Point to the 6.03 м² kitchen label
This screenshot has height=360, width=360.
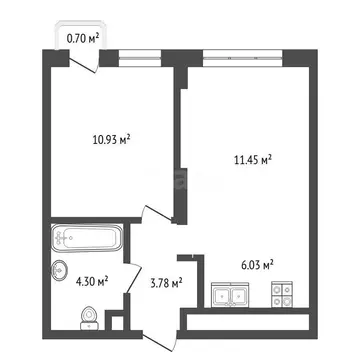click(x=257, y=264)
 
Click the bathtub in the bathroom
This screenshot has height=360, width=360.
click(x=85, y=240)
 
